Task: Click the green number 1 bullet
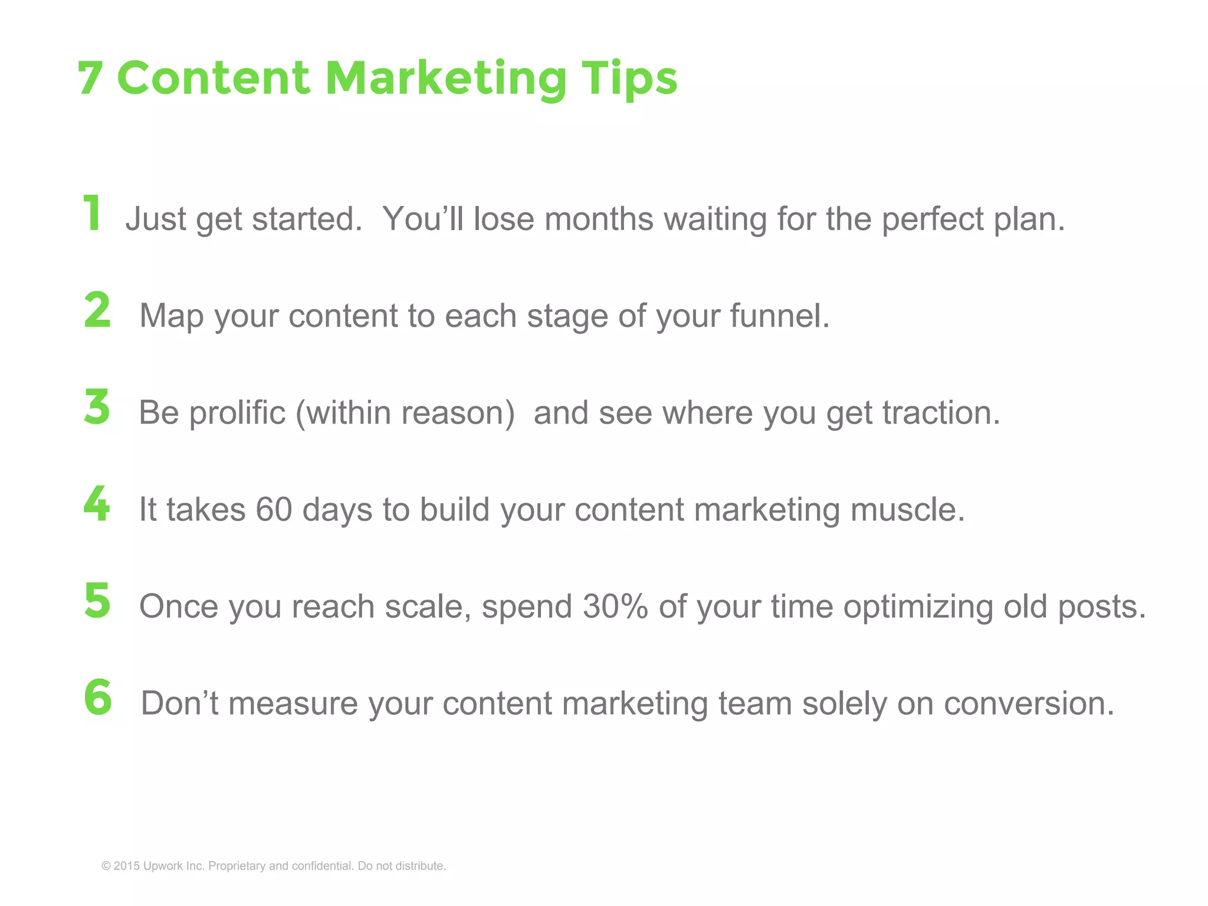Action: coord(93,213)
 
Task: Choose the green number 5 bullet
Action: coord(97,600)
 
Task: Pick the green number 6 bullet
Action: coord(98,697)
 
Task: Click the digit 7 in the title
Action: coord(90,78)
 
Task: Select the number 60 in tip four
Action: coord(274,509)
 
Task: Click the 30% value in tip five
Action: coord(615,606)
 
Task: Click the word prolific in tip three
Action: coord(237,413)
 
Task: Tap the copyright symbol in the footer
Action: coord(106,866)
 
